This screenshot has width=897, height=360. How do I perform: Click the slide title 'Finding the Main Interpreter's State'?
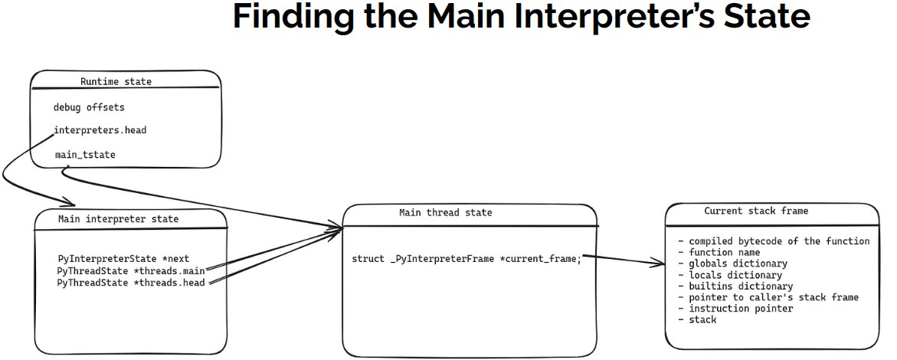[520, 18]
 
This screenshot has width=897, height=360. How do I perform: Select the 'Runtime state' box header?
[116, 81]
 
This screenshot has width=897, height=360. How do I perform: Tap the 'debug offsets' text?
[89, 107]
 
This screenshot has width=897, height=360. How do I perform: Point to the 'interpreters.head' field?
[100, 130]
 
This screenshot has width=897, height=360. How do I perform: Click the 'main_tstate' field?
[86, 155]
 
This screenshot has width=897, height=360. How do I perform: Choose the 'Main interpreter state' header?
[118, 219]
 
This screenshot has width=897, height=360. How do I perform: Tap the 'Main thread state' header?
[446, 213]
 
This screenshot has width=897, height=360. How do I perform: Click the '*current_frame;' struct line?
[467, 259]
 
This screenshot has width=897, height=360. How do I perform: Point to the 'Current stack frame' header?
[756, 211]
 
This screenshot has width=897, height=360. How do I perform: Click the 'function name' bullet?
[719, 252]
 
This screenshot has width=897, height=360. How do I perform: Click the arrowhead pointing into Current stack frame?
[660, 264]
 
